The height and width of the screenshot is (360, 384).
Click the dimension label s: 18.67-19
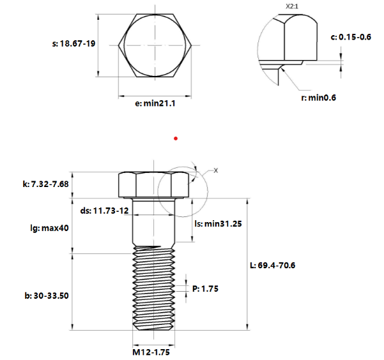[73, 45]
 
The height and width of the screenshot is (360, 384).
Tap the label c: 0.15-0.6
[351, 37]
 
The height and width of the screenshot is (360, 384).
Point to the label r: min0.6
[319, 98]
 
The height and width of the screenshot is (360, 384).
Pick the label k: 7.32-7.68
[45, 184]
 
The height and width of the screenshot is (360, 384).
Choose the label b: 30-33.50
[46, 296]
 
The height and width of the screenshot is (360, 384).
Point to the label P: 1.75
[206, 289]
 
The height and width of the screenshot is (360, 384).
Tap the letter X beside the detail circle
[216, 170]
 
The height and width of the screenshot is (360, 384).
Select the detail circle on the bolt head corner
[182, 191]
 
